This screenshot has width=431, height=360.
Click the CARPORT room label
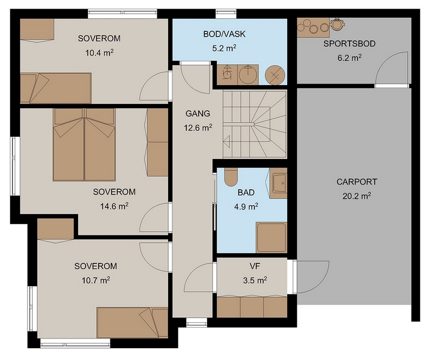(357, 182)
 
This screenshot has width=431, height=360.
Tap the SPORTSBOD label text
(349, 44)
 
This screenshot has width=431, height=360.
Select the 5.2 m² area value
(224, 48)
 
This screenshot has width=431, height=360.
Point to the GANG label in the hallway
(198, 113)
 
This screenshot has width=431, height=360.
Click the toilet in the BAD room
(231, 177)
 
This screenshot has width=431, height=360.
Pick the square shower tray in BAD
(272, 237)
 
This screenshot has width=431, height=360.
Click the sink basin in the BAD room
(278, 183)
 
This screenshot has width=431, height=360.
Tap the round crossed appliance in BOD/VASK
(275, 75)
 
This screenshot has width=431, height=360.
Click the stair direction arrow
(227, 142)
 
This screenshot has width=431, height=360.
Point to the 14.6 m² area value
(114, 206)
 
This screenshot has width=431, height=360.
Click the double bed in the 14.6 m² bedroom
(84, 144)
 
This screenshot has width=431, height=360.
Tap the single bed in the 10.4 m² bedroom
(55, 88)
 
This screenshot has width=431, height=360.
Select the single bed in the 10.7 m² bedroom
(132, 323)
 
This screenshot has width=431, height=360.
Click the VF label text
(255, 266)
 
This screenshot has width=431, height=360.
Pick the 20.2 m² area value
(357, 196)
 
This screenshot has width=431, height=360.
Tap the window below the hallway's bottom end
(197, 322)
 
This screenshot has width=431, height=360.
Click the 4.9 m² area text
(246, 206)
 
